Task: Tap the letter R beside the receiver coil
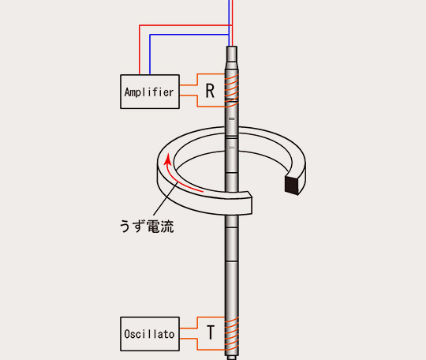pyautogui.click(x=210, y=91)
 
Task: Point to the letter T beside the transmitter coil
pyautogui.click(x=211, y=332)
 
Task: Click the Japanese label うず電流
pyautogui.click(x=147, y=227)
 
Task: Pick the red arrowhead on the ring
pyautogui.click(x=168, y=159)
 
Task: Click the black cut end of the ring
pyautogui.click(x=292, y=185)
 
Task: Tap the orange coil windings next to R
pyautogui.click(x=231, y=88)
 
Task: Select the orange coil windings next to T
pyautogui.click(x=231, y=334)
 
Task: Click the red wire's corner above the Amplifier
pyautogui.click(x=140, y=25)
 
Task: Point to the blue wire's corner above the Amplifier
pyautogui.click(x=150, y=35)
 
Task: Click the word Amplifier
pyautogui.click(x=149, y=92)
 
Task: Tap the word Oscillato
pyautogui.click(x=149, y=334)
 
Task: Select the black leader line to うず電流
pyautogui.click(x=166, y=199)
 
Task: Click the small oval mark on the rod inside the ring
pyautogui.click(x=231, y=148)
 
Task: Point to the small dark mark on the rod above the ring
pyautogui.click(x=231, y=119)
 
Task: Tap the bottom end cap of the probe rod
pyautogui.click(x=232, y=358)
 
